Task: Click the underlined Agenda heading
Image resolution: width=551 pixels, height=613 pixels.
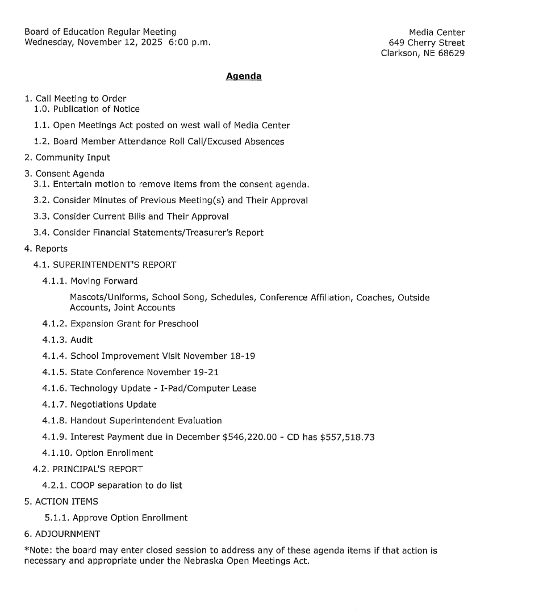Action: point(244,76)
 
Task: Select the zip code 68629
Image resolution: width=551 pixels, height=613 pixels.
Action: point(450,53)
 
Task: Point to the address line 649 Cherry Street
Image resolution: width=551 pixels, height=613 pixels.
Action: point(427,43)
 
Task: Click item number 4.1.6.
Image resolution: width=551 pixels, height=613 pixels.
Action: point(54,388)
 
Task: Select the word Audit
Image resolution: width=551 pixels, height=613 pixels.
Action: point(81,340)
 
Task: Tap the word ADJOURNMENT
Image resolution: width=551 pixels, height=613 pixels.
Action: point(68,534)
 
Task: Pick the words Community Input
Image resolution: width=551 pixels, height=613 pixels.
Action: point(73,157)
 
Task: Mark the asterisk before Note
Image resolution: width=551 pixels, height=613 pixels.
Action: point(26,549)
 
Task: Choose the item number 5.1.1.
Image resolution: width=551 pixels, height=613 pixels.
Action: point(57,518)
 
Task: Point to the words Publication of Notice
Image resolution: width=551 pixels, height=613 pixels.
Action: point(96,109)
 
